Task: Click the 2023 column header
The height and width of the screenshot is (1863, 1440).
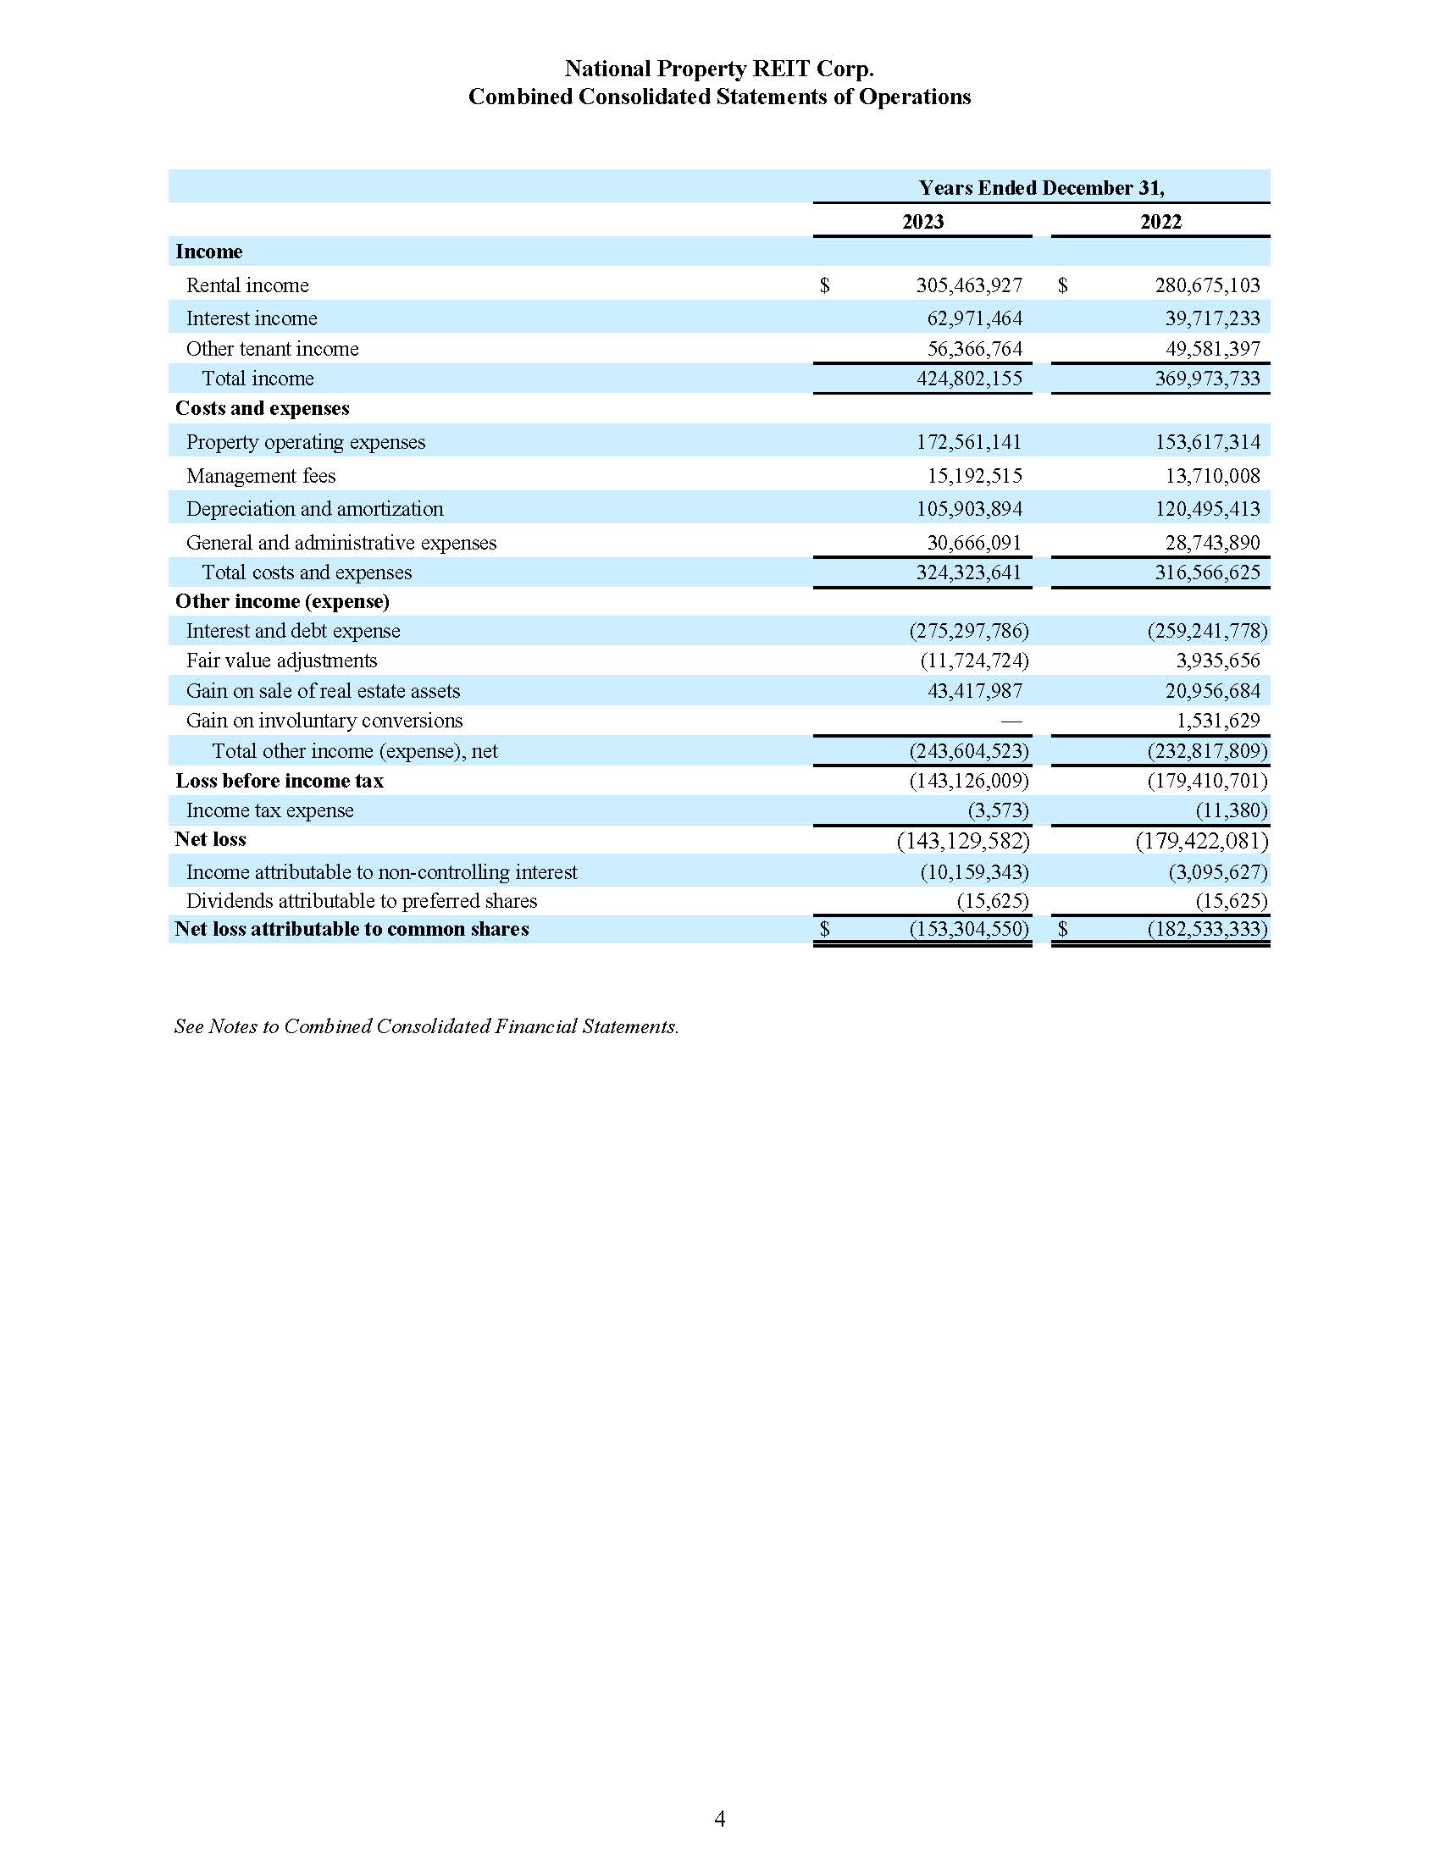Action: point(922,222)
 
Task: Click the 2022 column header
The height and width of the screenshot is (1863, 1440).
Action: point(1160,222)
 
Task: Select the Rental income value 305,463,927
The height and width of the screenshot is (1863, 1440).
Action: point(968,285)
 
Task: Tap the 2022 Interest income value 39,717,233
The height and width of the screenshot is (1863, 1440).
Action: point(1212,318)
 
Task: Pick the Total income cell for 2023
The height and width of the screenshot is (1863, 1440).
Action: point(968,379)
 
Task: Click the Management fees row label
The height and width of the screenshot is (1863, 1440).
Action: point(260,476)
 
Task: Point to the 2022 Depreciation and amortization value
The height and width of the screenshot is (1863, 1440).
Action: point(1207,509)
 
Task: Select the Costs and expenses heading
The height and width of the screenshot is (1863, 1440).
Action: point(262,409)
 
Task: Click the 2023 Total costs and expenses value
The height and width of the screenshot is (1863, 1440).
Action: point(968,572)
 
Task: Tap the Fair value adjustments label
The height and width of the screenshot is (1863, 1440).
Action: point(281,661)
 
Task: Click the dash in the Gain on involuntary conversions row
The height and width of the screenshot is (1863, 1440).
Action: point(1011,721)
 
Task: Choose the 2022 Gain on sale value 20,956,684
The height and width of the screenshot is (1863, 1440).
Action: point(1212,691)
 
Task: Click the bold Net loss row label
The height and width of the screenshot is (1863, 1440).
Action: point(210,839)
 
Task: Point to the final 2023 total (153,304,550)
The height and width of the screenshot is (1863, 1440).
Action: point(968,929)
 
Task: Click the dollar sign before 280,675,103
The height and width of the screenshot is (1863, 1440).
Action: point(1062,285)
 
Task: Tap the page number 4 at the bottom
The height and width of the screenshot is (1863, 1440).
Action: point(719,1819)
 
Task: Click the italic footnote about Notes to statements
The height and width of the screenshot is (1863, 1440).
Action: point(427,1026)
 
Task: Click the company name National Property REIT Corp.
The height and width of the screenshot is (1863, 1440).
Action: point(719,69)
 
